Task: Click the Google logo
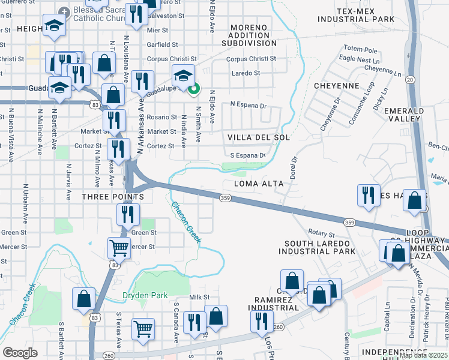pos(20,353)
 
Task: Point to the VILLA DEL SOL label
pos(258,137)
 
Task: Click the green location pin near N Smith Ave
pos(193,91)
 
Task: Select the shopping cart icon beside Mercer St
pos(119,246)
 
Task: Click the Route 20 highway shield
pos(410,79)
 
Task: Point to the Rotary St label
pos(321,233)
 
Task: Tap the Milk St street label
pos(199,298)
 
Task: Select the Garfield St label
pos(163,44)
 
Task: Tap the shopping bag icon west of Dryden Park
pos(83,299)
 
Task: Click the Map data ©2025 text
pos(424,355)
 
